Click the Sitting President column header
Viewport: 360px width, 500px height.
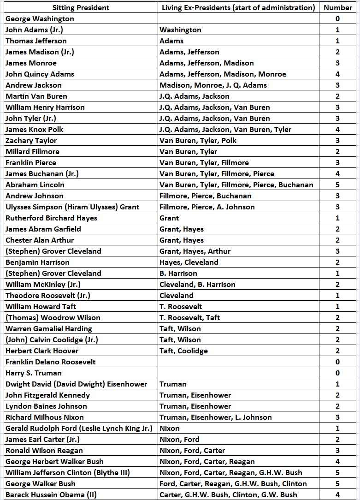click(x=80, y=7)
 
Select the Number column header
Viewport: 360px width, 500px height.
click(x=338, y=7)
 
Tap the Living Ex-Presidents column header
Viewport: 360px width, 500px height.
click(x=238, y=7)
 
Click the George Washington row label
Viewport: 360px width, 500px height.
click(x=40, y=18)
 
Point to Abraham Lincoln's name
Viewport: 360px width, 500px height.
click(x=35, y=185)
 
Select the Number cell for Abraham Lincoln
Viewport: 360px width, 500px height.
click(x=338, y=185)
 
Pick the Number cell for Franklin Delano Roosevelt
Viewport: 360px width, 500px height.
click(x=338, y=362)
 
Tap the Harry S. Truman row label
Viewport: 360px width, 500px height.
click(x=34, y=373)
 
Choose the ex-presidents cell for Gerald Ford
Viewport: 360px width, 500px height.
click(x=170, y=428)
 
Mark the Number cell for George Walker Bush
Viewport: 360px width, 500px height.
click(x=338, y=483)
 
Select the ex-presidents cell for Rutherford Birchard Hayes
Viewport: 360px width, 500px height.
click(x=169, y=218)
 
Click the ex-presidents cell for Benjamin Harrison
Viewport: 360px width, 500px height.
click(x=189, y=262)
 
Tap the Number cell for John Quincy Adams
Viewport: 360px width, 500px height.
click(x=338, y=74)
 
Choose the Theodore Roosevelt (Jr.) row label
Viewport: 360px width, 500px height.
click(x=48, y=295)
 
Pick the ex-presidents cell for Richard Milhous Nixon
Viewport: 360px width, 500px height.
click(x=216, y=417)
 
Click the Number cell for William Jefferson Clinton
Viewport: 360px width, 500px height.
click(x=338, y=472)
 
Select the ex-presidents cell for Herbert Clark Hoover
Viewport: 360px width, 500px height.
click(x=183, y=351)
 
